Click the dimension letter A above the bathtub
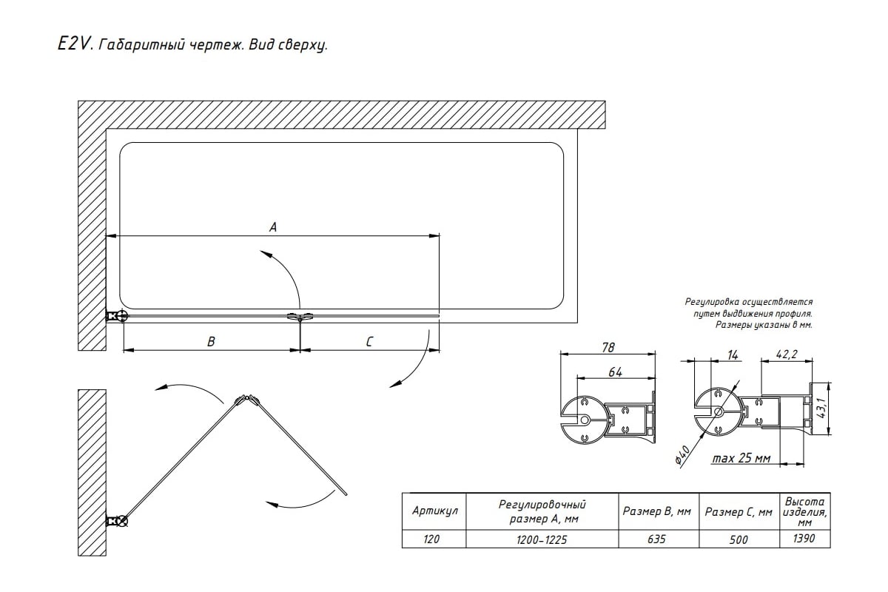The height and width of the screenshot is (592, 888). point(272,228)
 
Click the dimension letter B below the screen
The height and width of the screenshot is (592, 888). point(211,341)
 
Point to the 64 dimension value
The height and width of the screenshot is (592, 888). point(615,372)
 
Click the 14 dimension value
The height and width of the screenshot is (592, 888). point(733,356)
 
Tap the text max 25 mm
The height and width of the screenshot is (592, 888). point(741,459)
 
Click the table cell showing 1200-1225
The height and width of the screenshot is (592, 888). point(543,539)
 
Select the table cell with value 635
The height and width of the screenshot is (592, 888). point(656,539)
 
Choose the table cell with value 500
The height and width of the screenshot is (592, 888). point(739,539)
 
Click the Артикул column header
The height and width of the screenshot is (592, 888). point(434,511)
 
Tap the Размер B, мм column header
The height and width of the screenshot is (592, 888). point(657,511)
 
